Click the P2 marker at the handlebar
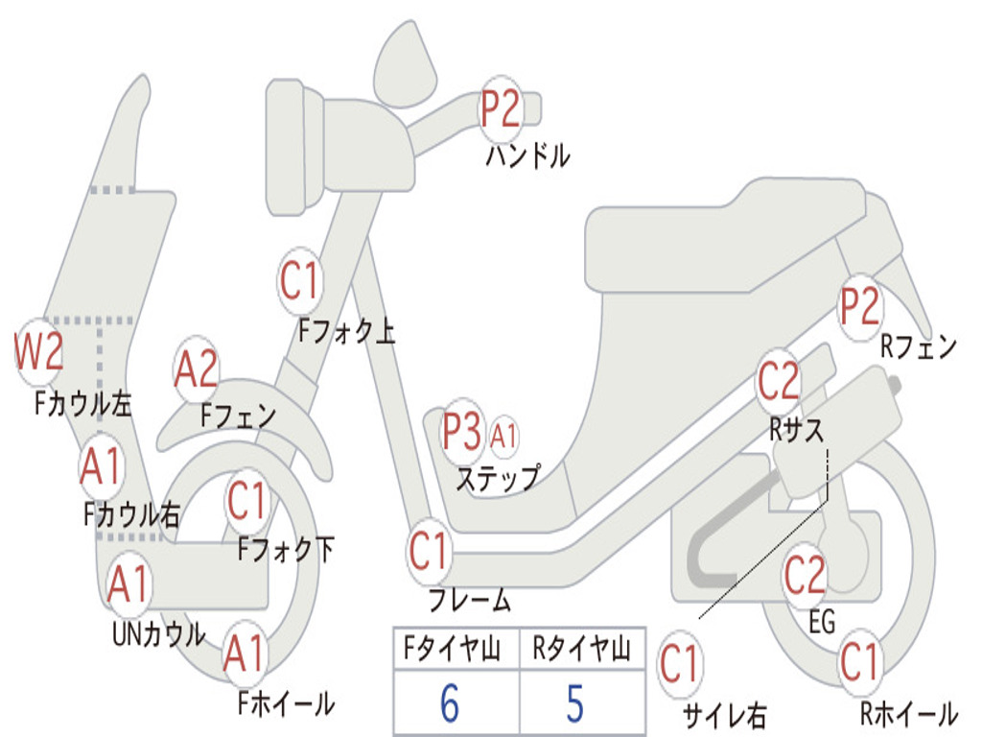point(501,107)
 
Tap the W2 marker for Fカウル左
point(39,352)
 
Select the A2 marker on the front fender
point(197,369)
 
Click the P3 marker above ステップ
point(462,433)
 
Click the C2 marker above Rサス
point(779,382)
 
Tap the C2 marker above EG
point(805,575)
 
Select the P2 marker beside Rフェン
point(859,306)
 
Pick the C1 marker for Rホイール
point(858,661)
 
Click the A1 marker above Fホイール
point(245,656)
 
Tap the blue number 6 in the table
point(450,703)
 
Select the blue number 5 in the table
point(574,703)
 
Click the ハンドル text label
point(527,155)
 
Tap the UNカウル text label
point(158,634)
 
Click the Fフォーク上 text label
point(346,331)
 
